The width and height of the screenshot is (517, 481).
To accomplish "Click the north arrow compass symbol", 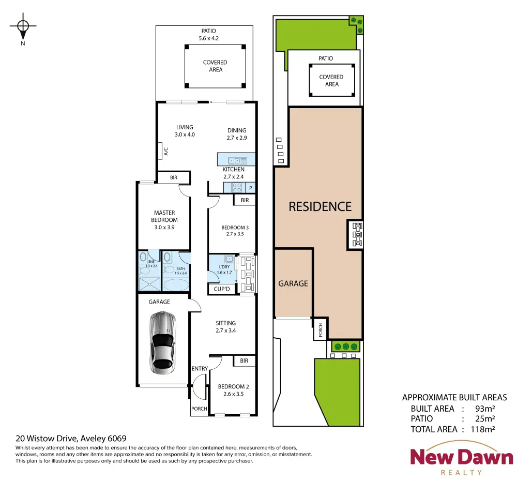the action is point(23,27).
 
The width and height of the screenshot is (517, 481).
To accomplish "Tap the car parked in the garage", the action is point(162,343).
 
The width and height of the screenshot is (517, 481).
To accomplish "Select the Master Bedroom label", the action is point(164,216).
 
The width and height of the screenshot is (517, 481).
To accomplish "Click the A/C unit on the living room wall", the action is point(160,151).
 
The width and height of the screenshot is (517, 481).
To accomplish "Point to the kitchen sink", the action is point(237,161).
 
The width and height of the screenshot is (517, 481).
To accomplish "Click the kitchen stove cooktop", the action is point(237,187).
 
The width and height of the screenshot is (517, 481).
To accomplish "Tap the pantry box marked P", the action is point(251,188).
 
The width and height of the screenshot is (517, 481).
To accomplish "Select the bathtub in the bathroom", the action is point(176,284).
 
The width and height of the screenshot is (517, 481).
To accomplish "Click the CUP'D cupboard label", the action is point(222,289).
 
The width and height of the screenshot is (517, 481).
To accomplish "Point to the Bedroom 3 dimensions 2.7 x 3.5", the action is point(235,234).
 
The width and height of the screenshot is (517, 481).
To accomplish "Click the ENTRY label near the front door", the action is point(200,368).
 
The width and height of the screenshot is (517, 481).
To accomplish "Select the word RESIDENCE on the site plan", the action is point(320,206).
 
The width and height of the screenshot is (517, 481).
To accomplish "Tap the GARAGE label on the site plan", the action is point(293,283).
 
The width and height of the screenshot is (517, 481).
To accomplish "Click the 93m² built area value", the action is point(485,409).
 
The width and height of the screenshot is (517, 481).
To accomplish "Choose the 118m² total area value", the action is point(483,429).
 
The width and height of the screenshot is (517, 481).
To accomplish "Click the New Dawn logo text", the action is point(462,457).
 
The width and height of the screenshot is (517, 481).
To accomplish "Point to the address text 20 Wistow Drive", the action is point(47,439).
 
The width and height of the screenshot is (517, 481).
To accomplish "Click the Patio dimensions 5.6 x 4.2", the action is point(209,38).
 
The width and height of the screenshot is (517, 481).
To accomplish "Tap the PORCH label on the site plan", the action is point(321,330).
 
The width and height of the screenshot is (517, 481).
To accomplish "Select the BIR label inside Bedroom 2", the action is point(244,360).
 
